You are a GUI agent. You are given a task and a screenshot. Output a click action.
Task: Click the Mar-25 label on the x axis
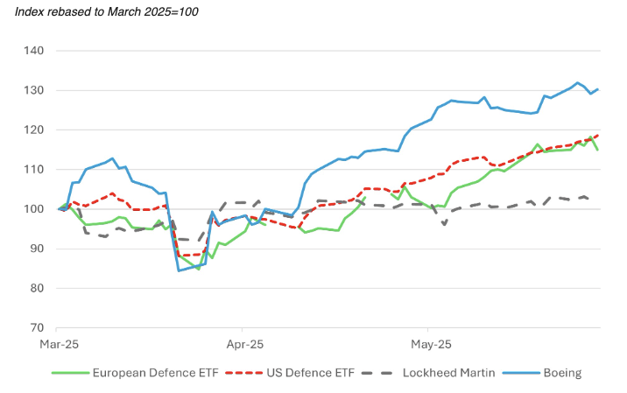coord(58,345)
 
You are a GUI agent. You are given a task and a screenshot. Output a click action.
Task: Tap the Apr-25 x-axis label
coord(242,345)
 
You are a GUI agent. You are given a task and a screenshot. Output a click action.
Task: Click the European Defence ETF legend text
coord(159,373)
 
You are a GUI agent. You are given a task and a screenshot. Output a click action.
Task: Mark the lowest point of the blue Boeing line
coord(179,270)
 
